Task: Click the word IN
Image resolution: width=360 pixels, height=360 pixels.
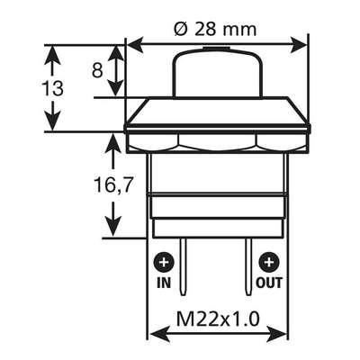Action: coord(164,281)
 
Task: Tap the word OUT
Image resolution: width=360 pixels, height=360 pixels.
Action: coord(267,281)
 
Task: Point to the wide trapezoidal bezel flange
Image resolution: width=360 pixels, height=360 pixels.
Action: coord(217,115)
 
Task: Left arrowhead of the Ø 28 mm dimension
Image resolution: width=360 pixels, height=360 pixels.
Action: coord(134,44)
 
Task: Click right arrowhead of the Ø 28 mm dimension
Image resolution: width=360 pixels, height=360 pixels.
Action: coord(301,44)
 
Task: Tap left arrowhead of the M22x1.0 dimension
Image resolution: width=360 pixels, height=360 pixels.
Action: coord(156,334)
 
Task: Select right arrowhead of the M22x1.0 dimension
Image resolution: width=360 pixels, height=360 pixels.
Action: coord(279,334)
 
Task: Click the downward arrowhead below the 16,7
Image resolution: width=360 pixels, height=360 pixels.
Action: coord(112,229)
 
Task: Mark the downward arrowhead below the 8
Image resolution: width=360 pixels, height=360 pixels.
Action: coord(113,90)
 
